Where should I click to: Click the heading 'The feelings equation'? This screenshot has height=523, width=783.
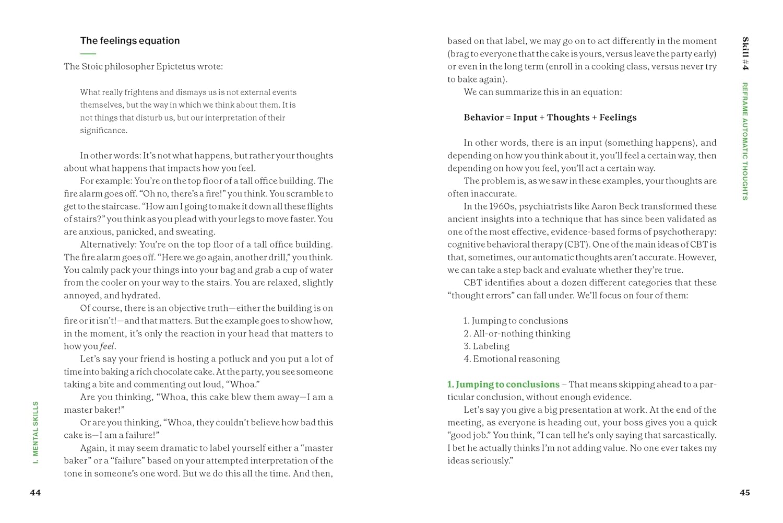pyautogui.click(x=130, y=41)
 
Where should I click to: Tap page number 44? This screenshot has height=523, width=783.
pyautogui.click(x=35, y=493)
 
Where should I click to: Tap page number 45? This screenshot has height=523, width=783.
pyautogui.click(x=745, y=493)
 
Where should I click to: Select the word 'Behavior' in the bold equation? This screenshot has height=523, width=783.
pyautogui.click(x=483, y=118)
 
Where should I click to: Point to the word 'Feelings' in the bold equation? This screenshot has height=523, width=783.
pyautogui.click(x=618, y=118)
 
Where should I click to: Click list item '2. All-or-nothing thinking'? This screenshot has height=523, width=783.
pyautogui.click(x=517, y=333)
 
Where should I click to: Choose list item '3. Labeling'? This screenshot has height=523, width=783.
pyautogui.click(x=487, y=346)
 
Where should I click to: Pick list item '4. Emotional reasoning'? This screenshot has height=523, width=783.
pyautogui.click(x=512, y=359)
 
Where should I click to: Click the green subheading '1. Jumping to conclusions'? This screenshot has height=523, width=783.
pyautogui.click(x=503, y=385)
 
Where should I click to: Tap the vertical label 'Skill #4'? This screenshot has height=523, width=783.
pyautogui.click(x=745, y=53)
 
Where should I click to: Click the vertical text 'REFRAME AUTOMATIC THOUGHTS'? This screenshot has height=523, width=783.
pyautogui.click(x=745, y=141)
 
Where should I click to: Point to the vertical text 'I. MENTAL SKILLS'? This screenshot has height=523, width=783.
pyautogui.click(x=35, y=433)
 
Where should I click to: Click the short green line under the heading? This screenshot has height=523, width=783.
pyautogui.click(x=88, y=54)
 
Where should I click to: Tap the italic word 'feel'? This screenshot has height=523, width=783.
pyautogui.click(x=107, y=346)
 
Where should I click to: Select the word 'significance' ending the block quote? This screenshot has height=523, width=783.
pyautogui.click(x=103, y=131)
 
